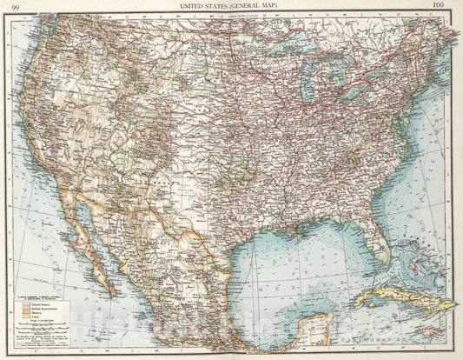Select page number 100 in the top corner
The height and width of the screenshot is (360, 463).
pyautogui.click(x=449, y=6)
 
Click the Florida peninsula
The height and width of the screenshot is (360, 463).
pyautogui.click(x=375, y=239)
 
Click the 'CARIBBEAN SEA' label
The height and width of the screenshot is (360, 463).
pyautogui.click(x=417, y=346)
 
